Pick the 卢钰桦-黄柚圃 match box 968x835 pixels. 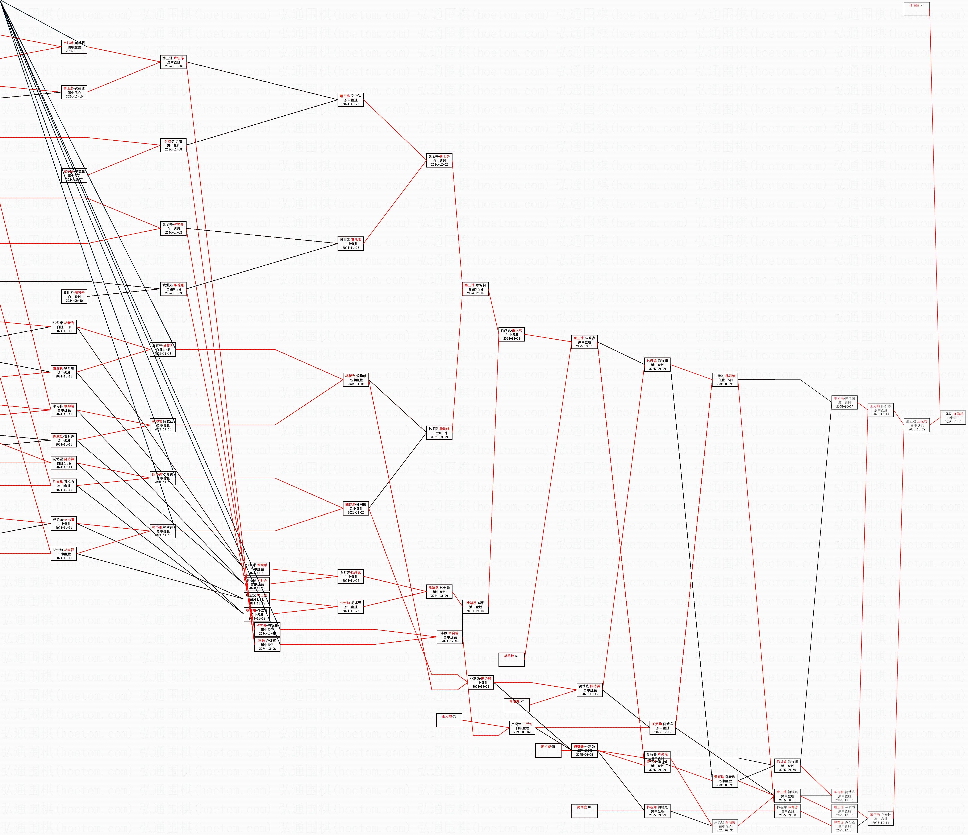coord(74,47)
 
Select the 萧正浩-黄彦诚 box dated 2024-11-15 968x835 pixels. coord(74,92)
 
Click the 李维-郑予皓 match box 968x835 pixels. coord(173,145)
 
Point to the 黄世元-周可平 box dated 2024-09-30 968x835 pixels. coord(74,296)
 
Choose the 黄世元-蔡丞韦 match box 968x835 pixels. coord(350,244)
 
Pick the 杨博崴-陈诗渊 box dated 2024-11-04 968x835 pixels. coord(63,463)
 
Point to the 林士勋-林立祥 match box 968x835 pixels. coord(63,554)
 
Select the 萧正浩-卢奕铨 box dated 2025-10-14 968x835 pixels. coord(880,819)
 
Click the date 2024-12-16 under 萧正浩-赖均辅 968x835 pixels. coord(475,293)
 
